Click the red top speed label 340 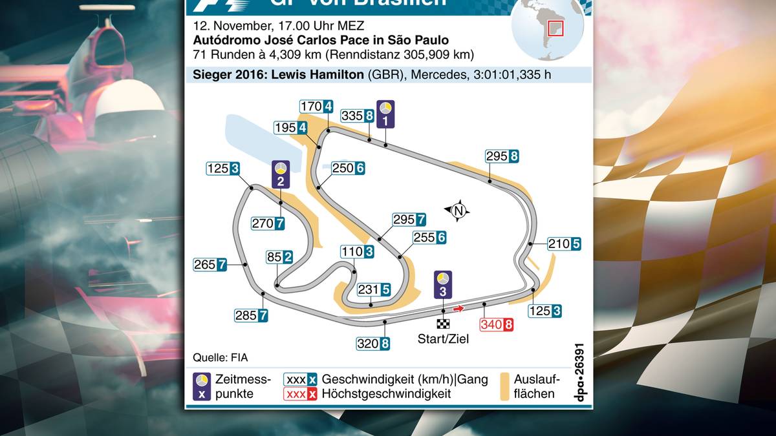pos(497,324)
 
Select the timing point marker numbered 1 pos(386,113)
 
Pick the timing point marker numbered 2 pos(280,174)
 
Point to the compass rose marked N pos(458,210)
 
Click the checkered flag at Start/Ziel pos(442,324)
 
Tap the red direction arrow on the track pos(458,309)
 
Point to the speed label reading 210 pos(564,244)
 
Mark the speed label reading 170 pos(317,107)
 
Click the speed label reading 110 pos(358,252)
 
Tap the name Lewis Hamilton pos(317,74)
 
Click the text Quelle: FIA pos(221,357)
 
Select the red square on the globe pos(555,28)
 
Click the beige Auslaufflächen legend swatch pos(504,386)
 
